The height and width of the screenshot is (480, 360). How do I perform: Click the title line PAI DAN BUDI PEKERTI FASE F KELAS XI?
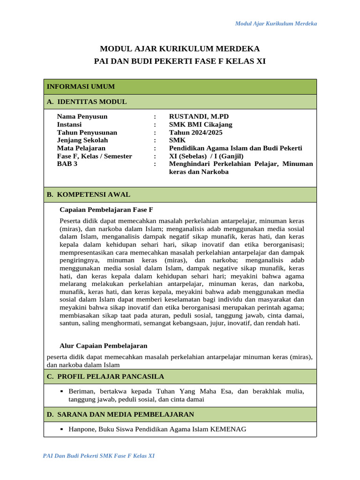[180, 61]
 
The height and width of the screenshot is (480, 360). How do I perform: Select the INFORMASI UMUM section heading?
[81, 87]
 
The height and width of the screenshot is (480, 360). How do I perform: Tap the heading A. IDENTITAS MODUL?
[87, 102]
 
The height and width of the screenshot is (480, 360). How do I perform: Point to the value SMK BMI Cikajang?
[200, 125]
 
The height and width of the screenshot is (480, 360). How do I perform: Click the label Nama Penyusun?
[82, 117]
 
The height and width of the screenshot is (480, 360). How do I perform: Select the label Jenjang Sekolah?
[82, 140]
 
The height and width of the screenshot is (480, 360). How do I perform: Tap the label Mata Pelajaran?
[81, 148]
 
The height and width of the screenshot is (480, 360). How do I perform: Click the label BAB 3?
[67, 164]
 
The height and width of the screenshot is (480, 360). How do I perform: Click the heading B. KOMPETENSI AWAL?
[89, 195]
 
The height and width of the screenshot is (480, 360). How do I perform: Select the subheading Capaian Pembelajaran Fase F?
[106, 210]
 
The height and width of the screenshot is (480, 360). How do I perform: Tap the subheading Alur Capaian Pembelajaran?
[104, 346]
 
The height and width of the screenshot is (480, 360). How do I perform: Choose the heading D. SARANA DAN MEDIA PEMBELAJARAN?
[120, 414]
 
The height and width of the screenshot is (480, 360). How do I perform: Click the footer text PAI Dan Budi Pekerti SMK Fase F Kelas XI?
[99, 456]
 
